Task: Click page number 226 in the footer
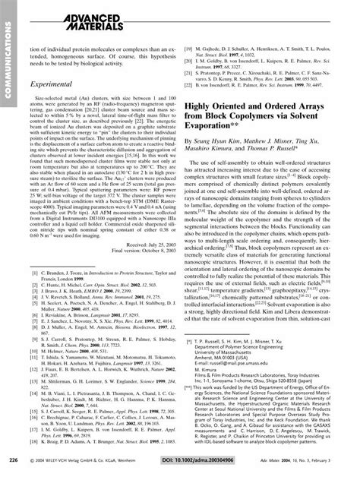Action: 13,459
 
